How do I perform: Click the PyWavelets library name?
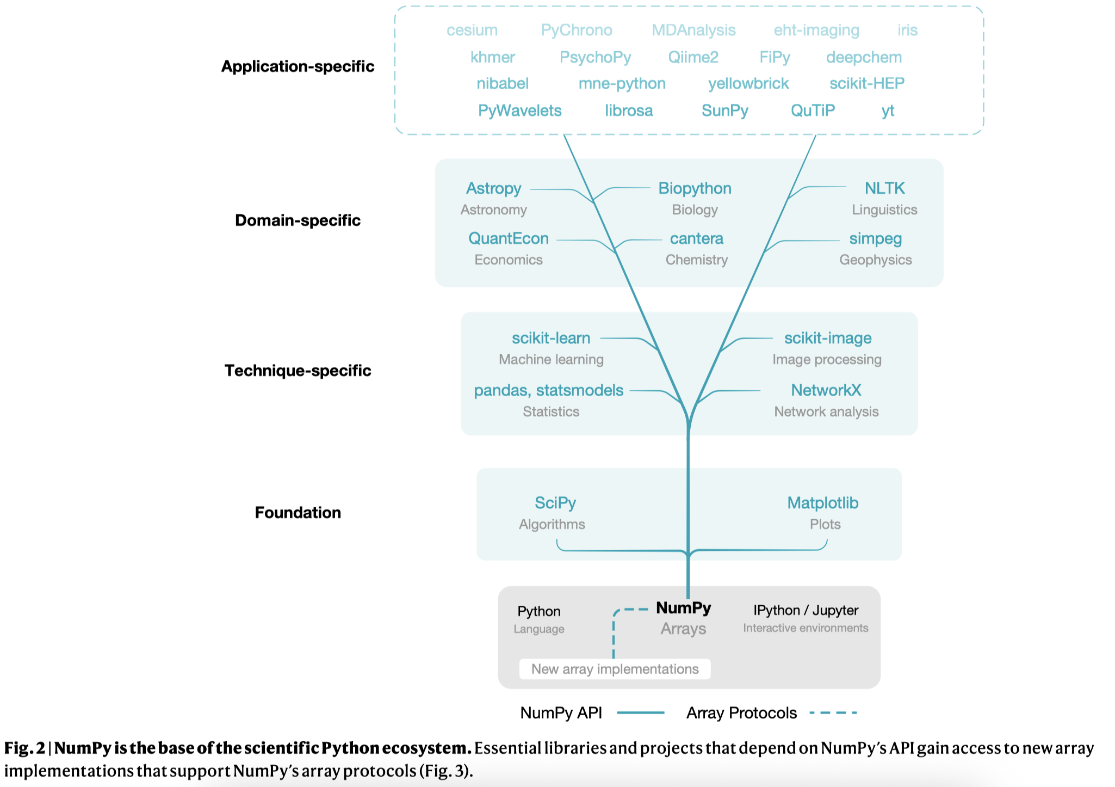[x=519, y=110]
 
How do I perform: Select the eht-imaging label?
[x=816, y=30]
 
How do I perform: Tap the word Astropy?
[x=493, y=189]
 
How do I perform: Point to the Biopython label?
[x=695, y=189]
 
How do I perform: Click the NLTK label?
[x=884, y=188]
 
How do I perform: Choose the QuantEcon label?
[x=509, y=238]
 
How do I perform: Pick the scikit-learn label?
[x=551, y=338]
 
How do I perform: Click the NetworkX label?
[x=826, y=390]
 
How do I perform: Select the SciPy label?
[x=555, y=503]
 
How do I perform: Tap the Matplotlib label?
[x=823, y=503]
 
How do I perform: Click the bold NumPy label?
[x=684, y=608]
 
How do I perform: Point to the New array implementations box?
[x=615, y=669]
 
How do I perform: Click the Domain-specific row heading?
[x=298, y=220]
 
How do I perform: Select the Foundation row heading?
[x=298, y=513]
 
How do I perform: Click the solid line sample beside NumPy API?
[x=641, y=712]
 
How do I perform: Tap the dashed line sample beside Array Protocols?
[x=833, y=712]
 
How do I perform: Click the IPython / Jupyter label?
[x=806, y=611]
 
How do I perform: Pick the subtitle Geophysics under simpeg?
[x=875, y=260]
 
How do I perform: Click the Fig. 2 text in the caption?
[x=24, y=748]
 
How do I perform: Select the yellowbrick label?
[x=748, y=84]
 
